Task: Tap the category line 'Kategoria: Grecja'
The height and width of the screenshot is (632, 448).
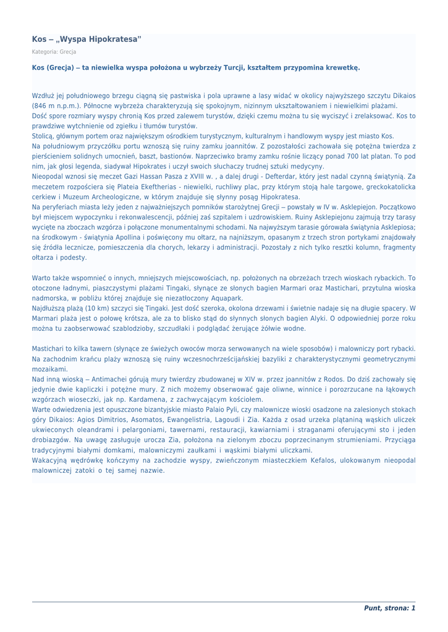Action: (54, 52)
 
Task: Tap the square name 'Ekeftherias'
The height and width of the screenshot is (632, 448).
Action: (154, 186)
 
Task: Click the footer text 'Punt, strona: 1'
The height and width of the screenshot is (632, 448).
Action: (389, 608)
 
